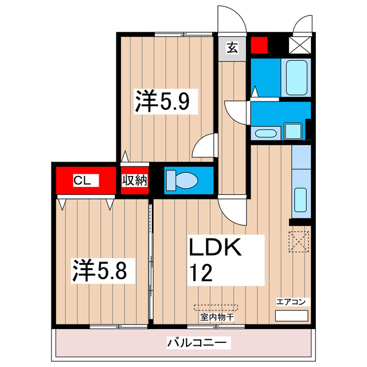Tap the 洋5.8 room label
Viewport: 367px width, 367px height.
click(103, 270)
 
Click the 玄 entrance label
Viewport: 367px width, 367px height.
click(232, 48)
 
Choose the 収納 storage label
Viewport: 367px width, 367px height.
click(135, 180)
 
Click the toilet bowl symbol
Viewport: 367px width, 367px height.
click(183, 179)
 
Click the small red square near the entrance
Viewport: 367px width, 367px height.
click(260, 45)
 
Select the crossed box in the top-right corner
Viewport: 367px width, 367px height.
click(300, 45)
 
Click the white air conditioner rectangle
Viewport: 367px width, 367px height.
click(291, 316)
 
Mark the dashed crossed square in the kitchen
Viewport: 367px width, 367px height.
click(299, 240)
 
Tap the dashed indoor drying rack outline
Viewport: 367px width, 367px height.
click(217, 307)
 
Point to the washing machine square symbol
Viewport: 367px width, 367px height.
click(294, 131)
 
